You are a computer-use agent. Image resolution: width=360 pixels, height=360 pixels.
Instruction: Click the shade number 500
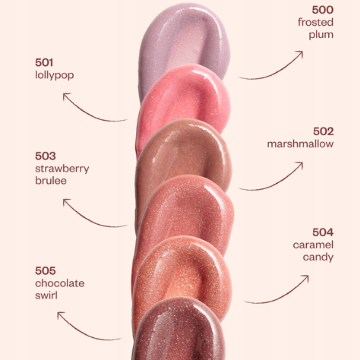(x=323, y=10)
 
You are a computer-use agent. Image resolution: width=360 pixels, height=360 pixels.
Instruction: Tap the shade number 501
(x=44, y=62)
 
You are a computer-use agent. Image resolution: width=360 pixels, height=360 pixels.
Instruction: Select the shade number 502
(x=323, y=131)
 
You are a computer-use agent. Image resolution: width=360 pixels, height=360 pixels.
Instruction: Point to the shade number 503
(x=45, y=156)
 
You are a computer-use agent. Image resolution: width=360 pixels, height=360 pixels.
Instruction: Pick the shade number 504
(x=323, y=232)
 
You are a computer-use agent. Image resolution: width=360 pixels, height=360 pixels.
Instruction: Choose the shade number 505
(x=45, y=271)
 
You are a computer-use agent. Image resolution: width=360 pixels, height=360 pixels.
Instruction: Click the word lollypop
(x=54, y=75)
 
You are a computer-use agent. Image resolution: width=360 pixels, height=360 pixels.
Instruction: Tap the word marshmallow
(x=300, y=144)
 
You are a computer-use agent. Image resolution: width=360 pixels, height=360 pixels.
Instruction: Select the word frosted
(x=316, y=22)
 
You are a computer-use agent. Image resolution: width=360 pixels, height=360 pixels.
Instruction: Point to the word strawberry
(x=62, y=169)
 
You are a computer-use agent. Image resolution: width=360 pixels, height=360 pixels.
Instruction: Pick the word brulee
(x=51, y=181)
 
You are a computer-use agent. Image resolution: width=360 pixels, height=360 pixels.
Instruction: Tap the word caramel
(x=313, y=245)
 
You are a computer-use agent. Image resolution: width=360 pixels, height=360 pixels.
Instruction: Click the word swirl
(x=46, y=296)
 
